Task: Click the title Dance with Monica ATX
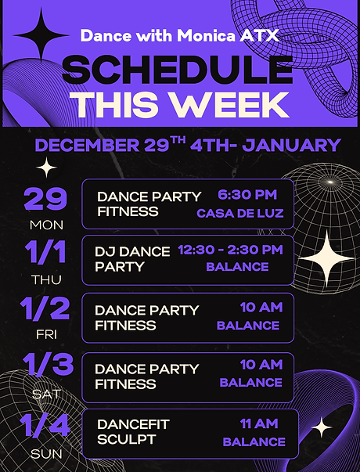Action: (x=180, y=35)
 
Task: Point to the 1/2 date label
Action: (x=45, y=310)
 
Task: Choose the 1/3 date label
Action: (x=45, y=366)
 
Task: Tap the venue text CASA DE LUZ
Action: (x=239, y=213)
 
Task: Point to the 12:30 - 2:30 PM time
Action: (x=230, y=250)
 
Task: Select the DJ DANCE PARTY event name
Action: (x=131, y=259)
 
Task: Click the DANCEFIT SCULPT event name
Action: (x=132, y=432)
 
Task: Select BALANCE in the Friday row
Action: (x=249, y=325)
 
